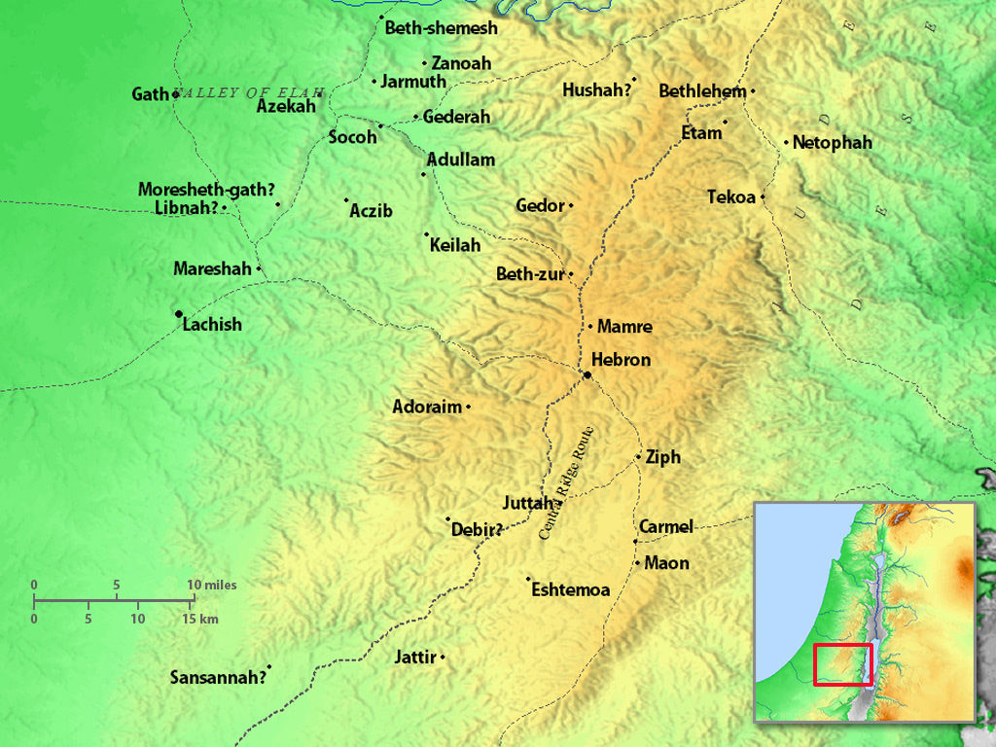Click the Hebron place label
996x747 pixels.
621,360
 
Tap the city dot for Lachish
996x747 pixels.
178,313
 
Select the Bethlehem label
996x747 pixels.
702,91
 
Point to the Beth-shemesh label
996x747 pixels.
441,28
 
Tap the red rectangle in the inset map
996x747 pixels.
842,664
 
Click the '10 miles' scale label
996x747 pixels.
212,585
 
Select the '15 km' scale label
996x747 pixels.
201,619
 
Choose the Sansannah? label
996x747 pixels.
218,678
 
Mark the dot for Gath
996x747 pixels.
175,94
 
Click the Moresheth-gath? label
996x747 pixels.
206,190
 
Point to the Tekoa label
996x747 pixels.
731,197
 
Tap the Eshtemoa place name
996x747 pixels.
571,590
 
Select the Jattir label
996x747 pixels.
415,658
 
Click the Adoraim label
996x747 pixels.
427,407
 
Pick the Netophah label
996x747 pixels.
832,143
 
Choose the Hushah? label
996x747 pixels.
596,90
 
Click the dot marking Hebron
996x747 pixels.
587,374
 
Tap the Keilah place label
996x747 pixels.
455,245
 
